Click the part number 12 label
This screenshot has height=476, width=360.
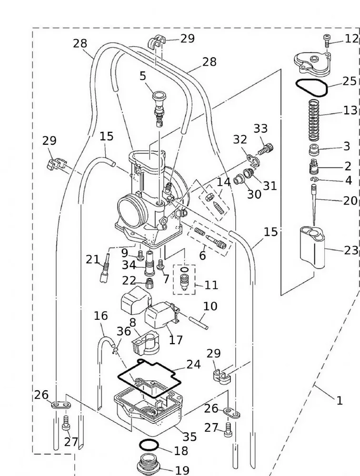pos(351,39)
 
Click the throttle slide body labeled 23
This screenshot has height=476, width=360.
pos(312,245)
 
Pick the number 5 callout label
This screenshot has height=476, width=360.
pos(142,76)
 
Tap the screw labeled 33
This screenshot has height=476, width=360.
pos(266,149)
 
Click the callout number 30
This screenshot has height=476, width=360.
pos(254,194)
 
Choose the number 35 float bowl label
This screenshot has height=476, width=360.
pos(189,436)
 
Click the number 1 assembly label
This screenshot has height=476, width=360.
pos(339,401)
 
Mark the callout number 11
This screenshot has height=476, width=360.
pos(211,285)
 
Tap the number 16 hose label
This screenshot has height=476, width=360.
pos(100,316)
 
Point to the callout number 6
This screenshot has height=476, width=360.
pos(202,256)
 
